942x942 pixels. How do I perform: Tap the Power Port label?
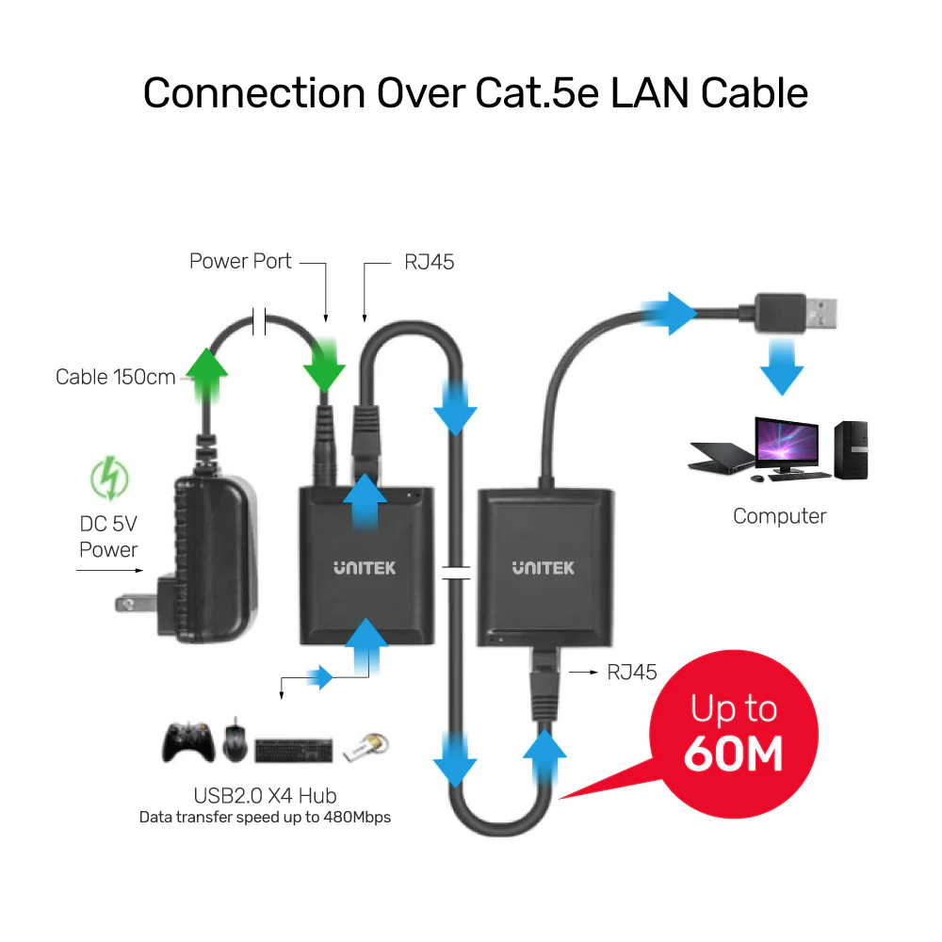240,261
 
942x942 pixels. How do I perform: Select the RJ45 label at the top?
430,262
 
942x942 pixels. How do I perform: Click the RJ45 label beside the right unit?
631,673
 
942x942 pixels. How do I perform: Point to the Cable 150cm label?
116,377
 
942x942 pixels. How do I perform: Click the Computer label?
779,516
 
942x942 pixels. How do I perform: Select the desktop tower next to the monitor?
850,449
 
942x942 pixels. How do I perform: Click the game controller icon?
189,742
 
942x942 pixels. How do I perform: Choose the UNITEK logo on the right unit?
543,568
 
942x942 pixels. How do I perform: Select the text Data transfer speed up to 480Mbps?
265,818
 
